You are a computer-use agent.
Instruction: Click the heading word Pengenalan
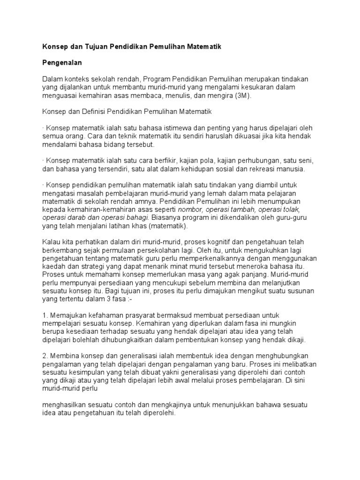(x=62, y=61)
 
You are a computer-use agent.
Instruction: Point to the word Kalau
(x=51, y=242)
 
